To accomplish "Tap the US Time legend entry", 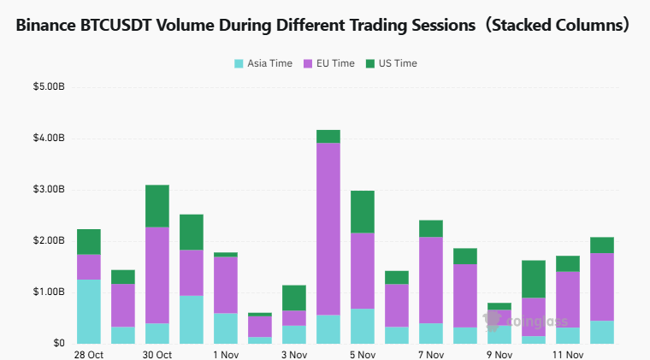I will click(391, 63).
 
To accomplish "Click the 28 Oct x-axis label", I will click(89, 354).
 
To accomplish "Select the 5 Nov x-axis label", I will click(363, 354).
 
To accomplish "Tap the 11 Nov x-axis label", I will click(568, 354).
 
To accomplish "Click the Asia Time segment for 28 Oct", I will click(89, 311).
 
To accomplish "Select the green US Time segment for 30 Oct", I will click(157, 205).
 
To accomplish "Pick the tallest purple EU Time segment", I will click(328, 228).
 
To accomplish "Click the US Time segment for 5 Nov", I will click(363, 211).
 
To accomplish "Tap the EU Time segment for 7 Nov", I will click(431, 280).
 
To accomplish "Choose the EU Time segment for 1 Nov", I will click(226, 285).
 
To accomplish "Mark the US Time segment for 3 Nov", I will click(294, 298).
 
